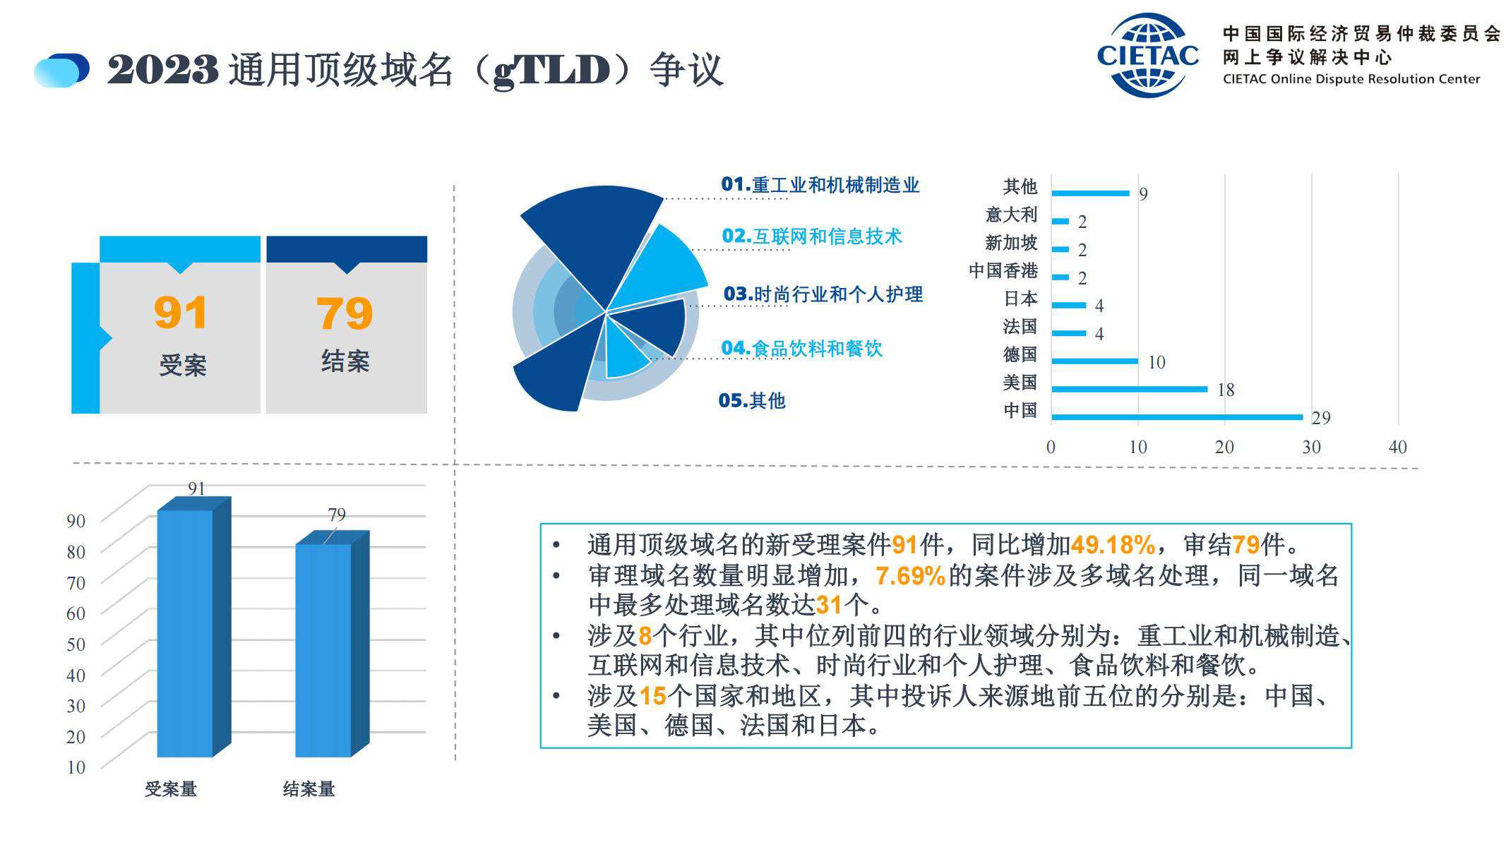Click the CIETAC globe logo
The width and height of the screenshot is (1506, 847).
tap(1147, 55)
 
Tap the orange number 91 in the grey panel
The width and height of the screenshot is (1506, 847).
tap(181, 313)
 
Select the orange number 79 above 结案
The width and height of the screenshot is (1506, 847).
tap(345, 313)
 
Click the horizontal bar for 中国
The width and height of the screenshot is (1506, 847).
tap(1177, 417)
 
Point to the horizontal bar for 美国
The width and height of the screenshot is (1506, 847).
tap(1130, 389)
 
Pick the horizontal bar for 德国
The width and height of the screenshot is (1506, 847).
tap(1095, 361)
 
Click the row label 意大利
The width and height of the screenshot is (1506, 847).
tap(1011, 215)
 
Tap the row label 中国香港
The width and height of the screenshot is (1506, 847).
tap(1003, 270)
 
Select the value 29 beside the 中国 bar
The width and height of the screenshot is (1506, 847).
tap(1321, 419)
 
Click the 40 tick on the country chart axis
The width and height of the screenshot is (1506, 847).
tap(1398, 447)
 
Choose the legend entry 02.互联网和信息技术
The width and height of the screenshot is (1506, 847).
tap(812, 236)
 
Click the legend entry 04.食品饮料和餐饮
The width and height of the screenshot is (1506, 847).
tap(802, 349)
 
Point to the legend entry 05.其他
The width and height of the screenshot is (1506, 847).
tap(752, 401)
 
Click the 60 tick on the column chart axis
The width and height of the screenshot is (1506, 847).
tap(76, 613)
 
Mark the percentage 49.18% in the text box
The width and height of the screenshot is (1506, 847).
tap(1113, 545)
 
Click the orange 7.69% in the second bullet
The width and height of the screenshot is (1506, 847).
tap(910, 576)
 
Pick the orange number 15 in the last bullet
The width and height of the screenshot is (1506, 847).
tap(652, 697)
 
